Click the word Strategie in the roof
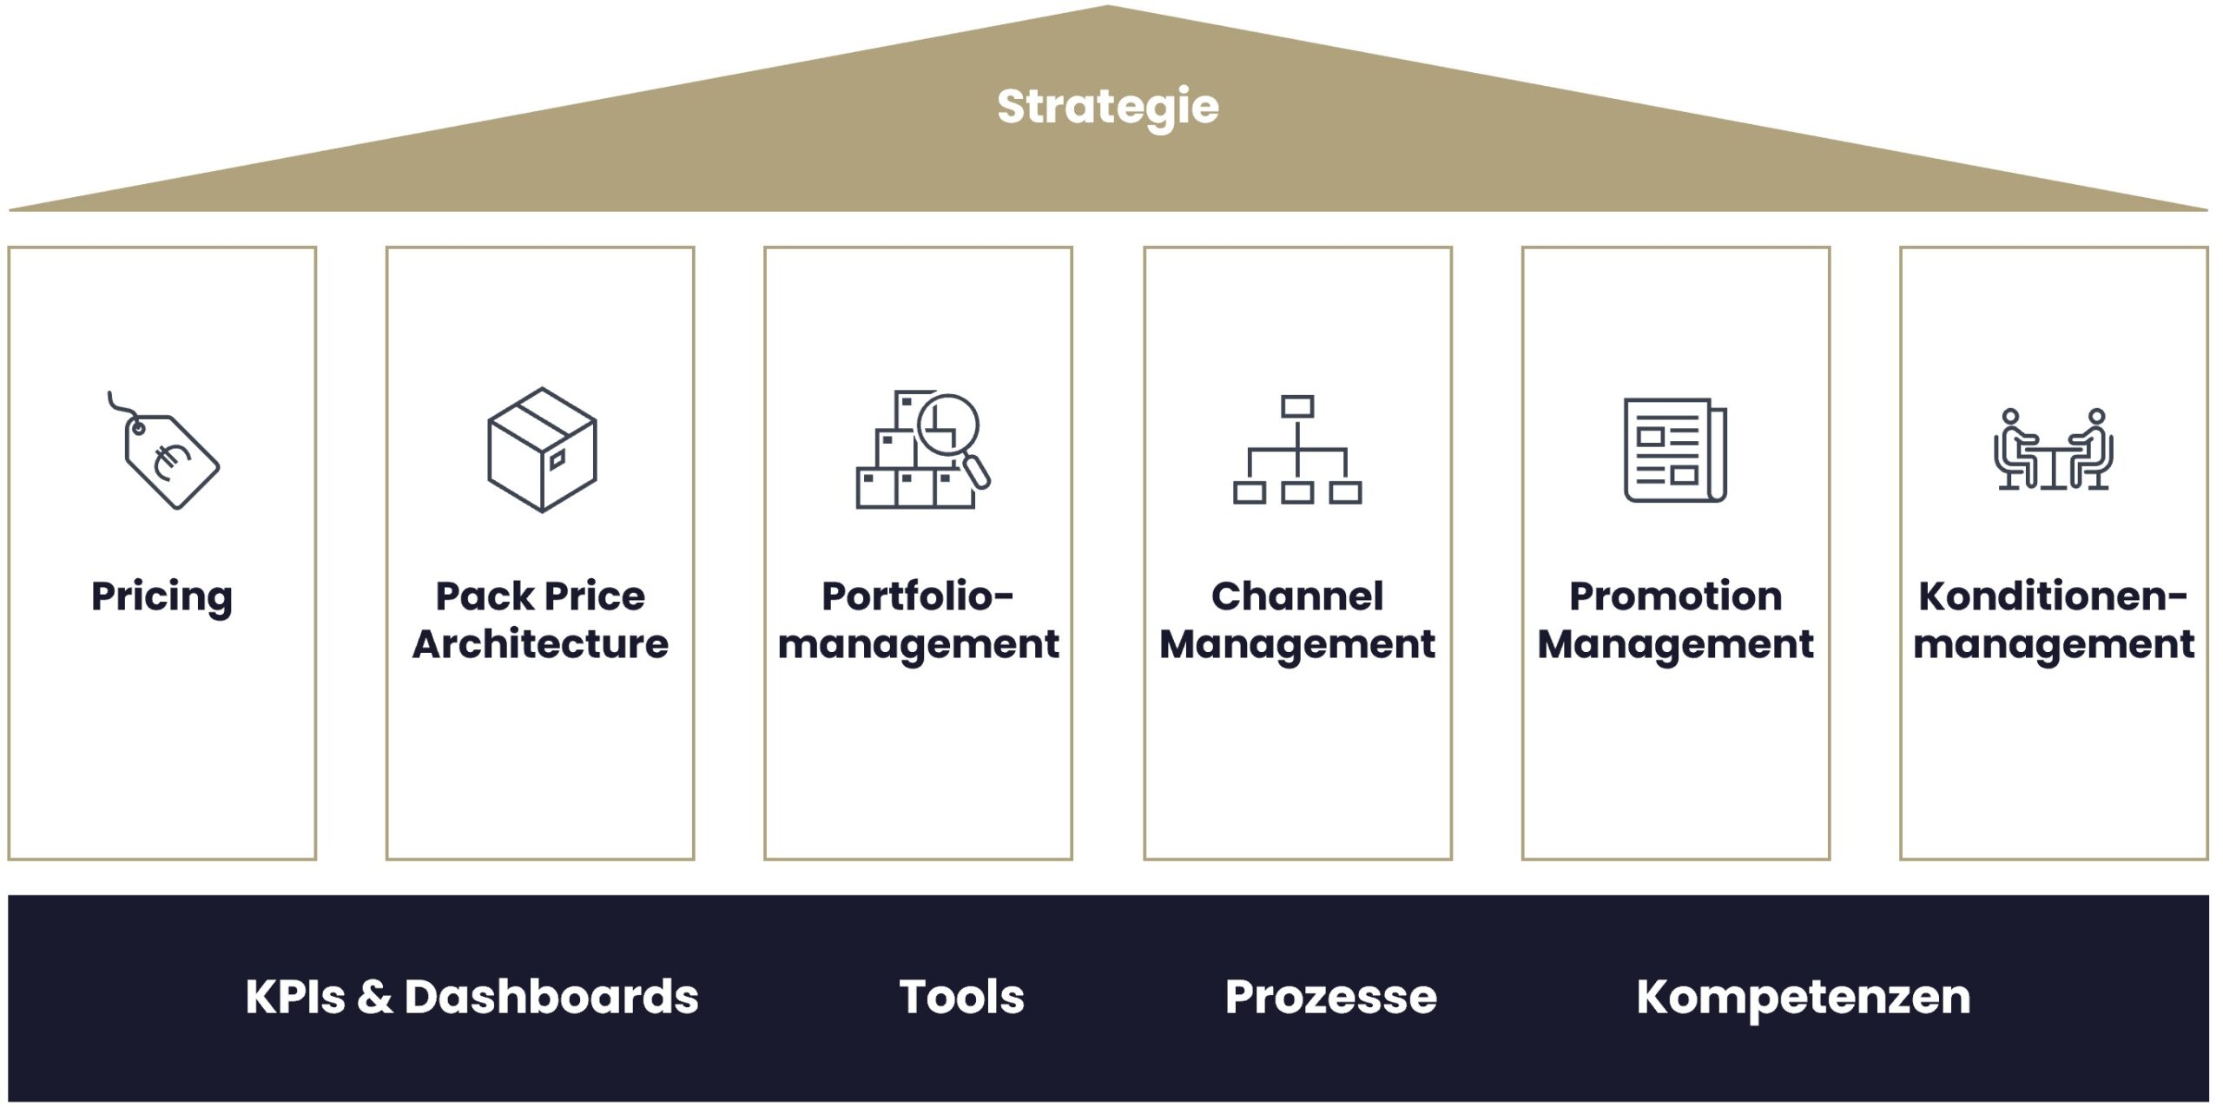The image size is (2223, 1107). pos(1107,108)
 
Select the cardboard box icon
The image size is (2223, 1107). pos(542,450)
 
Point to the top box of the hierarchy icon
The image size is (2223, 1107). pos(1297,406)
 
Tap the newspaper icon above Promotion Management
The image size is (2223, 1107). pos(1675,450)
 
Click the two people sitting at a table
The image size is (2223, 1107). pos(2054,451)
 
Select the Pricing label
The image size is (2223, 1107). pos(162,597)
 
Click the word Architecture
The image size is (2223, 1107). pos(540,644)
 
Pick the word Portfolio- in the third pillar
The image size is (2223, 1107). pos(918,596)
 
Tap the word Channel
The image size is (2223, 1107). pos(1297,596)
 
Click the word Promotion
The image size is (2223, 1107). pos(1675,596)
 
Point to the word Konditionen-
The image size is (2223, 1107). pos(2053,596)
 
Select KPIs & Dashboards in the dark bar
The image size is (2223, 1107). pos(472,997)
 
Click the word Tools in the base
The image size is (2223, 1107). pos(961,997)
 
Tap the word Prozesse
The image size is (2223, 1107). pos(1330,997)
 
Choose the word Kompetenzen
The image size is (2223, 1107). pos(1804,997)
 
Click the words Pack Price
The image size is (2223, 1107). pos(540,596)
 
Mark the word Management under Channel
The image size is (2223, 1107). pos(1297,644)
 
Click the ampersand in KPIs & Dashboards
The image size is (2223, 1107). pos(374,997)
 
